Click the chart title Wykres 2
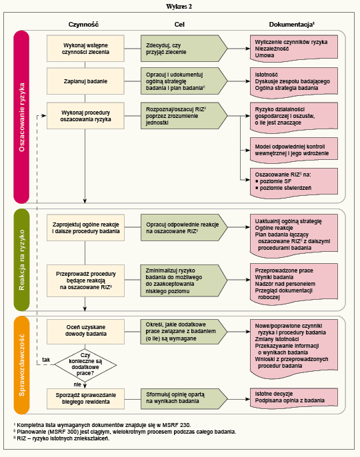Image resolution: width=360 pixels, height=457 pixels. point(179,7)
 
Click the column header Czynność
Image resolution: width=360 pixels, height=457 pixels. point(83,25)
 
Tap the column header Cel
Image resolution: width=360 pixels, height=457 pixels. point(179,25)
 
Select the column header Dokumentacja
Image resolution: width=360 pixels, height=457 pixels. point(291,25)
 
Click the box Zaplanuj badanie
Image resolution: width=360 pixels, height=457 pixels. point(85,81)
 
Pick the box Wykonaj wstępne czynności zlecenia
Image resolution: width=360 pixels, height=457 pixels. point(85,49)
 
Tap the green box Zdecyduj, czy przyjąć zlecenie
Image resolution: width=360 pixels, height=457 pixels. point(184,49)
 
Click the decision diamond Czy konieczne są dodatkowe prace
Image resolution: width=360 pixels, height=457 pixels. point(85,364)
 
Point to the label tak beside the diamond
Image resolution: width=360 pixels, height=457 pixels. point(46,360)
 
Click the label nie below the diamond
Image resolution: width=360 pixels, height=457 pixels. point(77,384)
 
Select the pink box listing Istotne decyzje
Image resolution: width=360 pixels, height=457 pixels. point(294,398)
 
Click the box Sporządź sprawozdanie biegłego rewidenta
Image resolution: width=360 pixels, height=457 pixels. point(85,398)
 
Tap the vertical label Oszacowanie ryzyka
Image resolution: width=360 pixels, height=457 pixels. point(21,117)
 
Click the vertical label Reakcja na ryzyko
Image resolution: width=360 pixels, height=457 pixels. point(21,260)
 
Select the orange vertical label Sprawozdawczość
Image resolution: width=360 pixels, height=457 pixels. point(21,365)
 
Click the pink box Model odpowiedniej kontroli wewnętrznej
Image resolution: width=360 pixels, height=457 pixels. point(294,151)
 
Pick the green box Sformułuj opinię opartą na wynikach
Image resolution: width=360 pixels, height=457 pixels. point(184,398)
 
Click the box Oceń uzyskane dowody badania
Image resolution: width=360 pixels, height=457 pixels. point(85,331)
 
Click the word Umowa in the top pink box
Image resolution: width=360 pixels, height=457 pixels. point(265,55)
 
